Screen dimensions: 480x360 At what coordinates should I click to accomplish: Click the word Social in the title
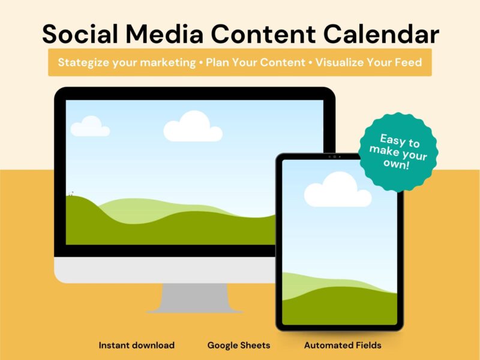pyautogui.click(x=80, y=34)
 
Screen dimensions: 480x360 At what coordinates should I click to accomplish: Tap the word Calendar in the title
pyautogui.click(x=381, y=34)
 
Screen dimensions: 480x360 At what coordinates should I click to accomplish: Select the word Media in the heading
pyautogui.click(x=164, y=34)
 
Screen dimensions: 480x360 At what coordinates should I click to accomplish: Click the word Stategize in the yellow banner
pyautogui.click(x=83, y=63)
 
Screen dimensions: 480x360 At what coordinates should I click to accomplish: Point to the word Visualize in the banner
pyautogui.click(x=340, y=62)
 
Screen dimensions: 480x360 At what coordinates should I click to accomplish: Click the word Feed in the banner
pyautogui.click(x=409, y=62)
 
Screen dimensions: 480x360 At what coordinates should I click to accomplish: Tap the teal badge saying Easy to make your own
pyautogui.click(x=398, y=152)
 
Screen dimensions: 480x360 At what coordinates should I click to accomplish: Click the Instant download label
pyautogui.click(x=137, y=346)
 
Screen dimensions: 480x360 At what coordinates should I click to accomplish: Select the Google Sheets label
pyautogui.click(x=239, y=346)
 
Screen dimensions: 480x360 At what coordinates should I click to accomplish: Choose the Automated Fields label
pyautogui.click(x=343, y=346)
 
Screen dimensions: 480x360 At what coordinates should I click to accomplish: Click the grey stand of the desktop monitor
pyautogui.click(x=194, y=298)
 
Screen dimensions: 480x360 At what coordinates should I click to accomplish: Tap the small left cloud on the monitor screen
pyautogui.click(x=90, y=127)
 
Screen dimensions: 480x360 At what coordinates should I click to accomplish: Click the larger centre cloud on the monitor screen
pyautogui.click(x=193, y=127)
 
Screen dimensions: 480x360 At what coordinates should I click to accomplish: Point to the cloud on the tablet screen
pyautogui.click(x=338, y=190)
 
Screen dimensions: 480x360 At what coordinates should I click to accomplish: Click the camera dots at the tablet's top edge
pyautogui.click(x=334, y=157)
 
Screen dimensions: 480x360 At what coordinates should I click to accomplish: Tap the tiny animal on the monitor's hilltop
pyautogui.click(x=71, y=193)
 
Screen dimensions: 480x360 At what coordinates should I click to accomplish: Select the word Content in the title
pyautogui.click(x=263, y=34)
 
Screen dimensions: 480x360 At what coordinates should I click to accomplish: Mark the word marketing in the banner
pyautogui.click(x=168, y=63)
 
